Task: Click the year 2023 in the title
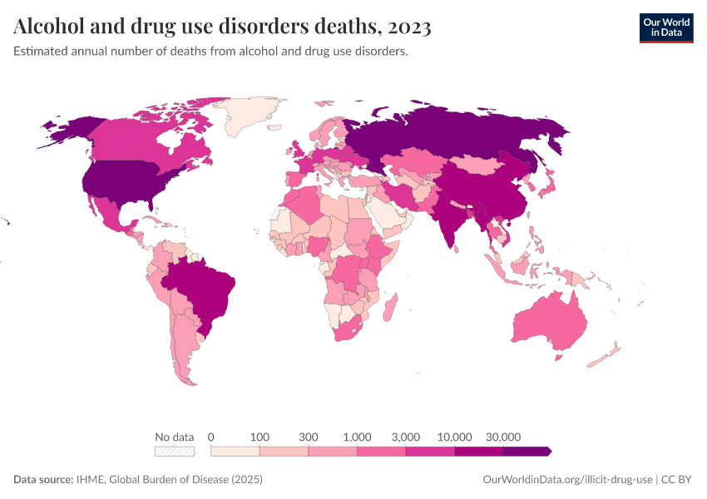408,27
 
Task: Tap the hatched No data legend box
175,451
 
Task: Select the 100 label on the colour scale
260,437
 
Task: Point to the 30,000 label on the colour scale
503,437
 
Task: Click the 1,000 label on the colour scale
357,437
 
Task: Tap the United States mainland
125,183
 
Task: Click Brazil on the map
204,287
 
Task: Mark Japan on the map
547,190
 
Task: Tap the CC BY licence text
677,480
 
